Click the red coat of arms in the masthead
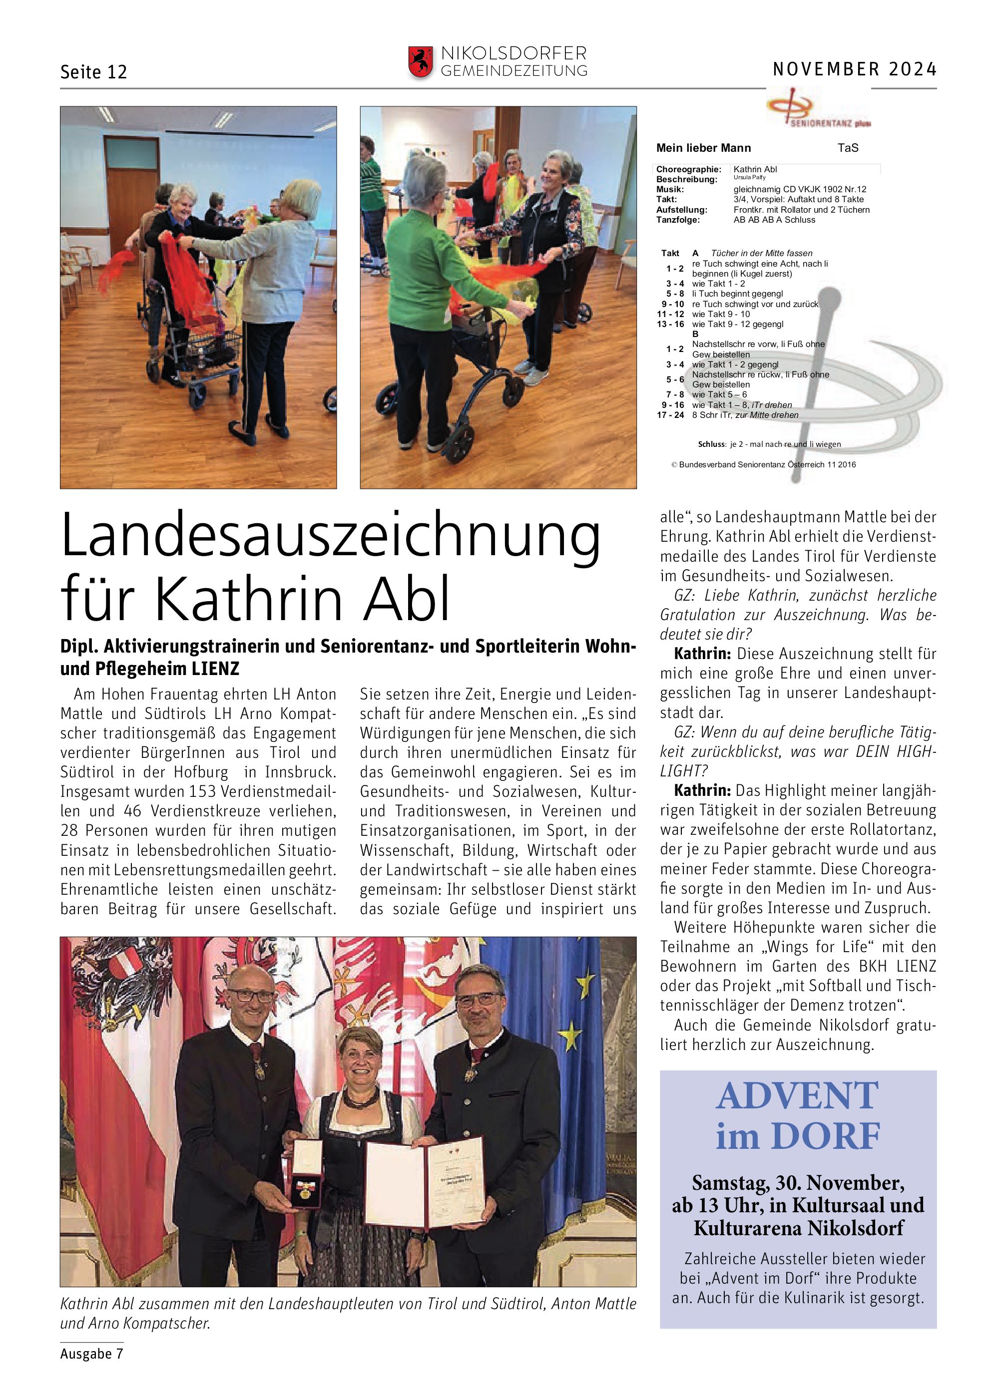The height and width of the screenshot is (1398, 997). [x=421, y=62]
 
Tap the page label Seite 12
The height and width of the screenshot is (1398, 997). [x=93, y=72]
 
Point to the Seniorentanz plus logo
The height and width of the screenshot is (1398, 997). [x=818, y=108]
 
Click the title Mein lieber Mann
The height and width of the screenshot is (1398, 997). [x=703, y=148]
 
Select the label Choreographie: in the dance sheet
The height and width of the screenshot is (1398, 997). [x=688, y=169]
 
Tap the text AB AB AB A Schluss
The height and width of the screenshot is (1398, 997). [x=774, y=220]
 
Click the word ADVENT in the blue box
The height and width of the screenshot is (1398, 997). [x=797, y=1095]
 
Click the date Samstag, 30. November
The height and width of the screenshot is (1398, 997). [x=798, y=1182]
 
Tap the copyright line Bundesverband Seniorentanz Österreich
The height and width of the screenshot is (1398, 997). [x=763, y=464]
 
